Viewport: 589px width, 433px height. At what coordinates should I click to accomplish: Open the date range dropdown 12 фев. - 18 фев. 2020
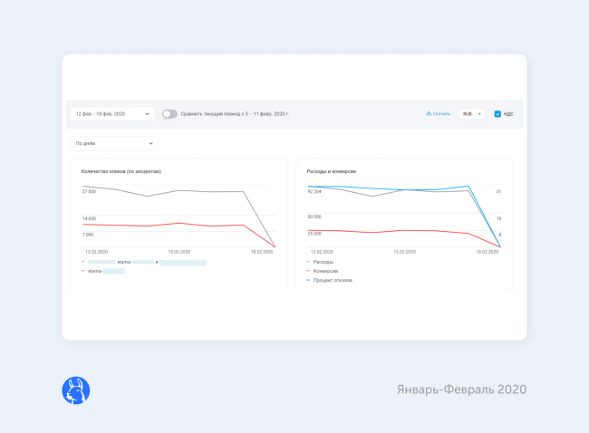pos(113,114)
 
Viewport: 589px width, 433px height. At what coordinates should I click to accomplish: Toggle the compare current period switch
pos(169,114)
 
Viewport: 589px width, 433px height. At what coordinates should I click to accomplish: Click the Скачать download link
pos(438,114)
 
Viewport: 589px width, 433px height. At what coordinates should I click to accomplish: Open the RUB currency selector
pos(471,114)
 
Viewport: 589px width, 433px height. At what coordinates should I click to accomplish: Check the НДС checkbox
pos(497,114)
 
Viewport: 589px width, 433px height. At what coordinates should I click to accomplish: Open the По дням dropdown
pos(114,143)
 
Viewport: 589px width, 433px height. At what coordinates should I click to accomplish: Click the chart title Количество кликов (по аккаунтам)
pos(121,171)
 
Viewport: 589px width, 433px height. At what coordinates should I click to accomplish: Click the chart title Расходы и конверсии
pos(332,171)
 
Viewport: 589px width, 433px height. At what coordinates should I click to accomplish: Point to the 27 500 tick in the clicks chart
pos(89,191)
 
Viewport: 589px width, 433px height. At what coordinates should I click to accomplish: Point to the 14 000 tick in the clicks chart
pos(89,218)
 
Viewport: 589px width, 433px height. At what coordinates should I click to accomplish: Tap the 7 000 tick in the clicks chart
pos(88,234)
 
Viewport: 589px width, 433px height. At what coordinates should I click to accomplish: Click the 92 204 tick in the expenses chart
pos(314,191)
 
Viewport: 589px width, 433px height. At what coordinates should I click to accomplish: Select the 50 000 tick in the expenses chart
pos(314,217)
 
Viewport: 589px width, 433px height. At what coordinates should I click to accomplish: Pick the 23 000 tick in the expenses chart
pos(314,234)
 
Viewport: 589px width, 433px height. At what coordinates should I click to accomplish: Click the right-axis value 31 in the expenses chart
pos(498,191)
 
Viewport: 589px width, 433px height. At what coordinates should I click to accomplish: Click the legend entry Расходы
pos(323,262)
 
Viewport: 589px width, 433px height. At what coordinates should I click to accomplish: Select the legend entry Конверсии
pos(325,271)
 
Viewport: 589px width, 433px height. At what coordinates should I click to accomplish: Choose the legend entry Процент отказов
pos(333,280)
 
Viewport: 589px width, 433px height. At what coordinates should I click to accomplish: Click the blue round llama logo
pos(75,390)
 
